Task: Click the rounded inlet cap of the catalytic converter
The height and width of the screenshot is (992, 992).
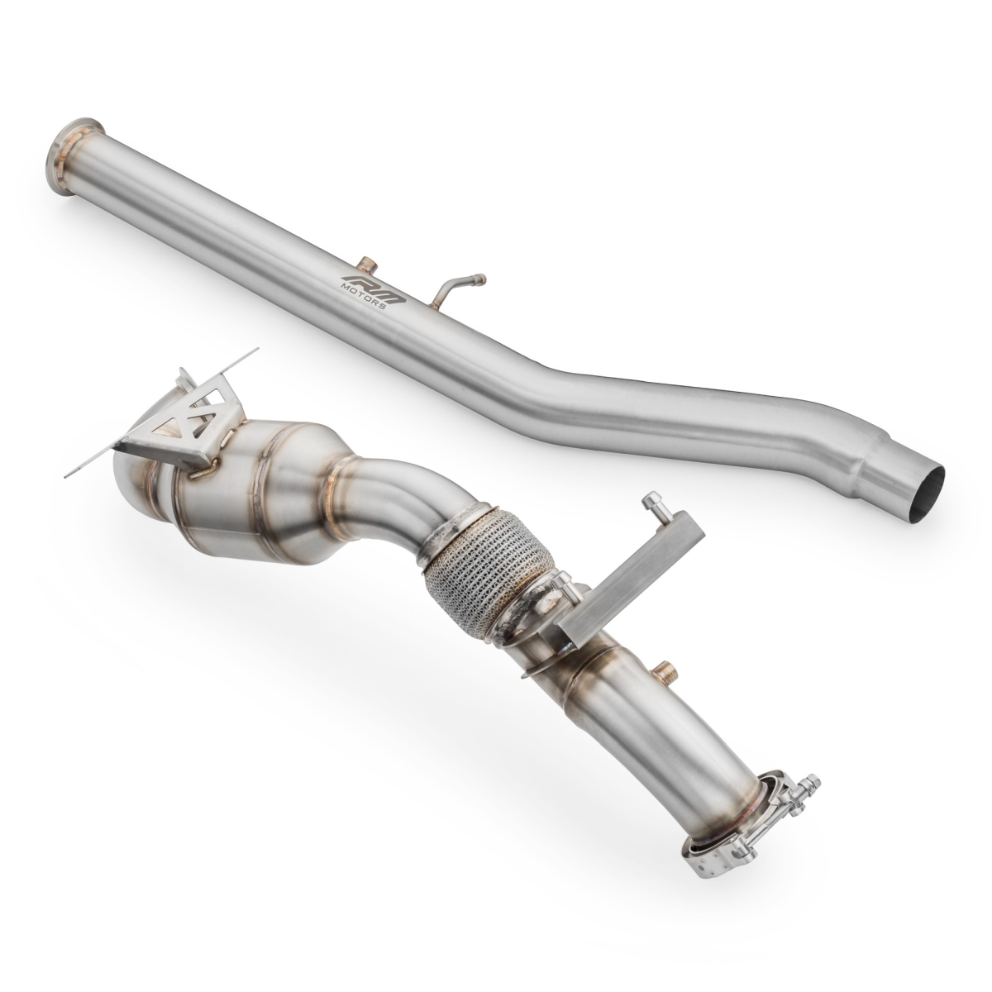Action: click(x=132, y=479)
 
